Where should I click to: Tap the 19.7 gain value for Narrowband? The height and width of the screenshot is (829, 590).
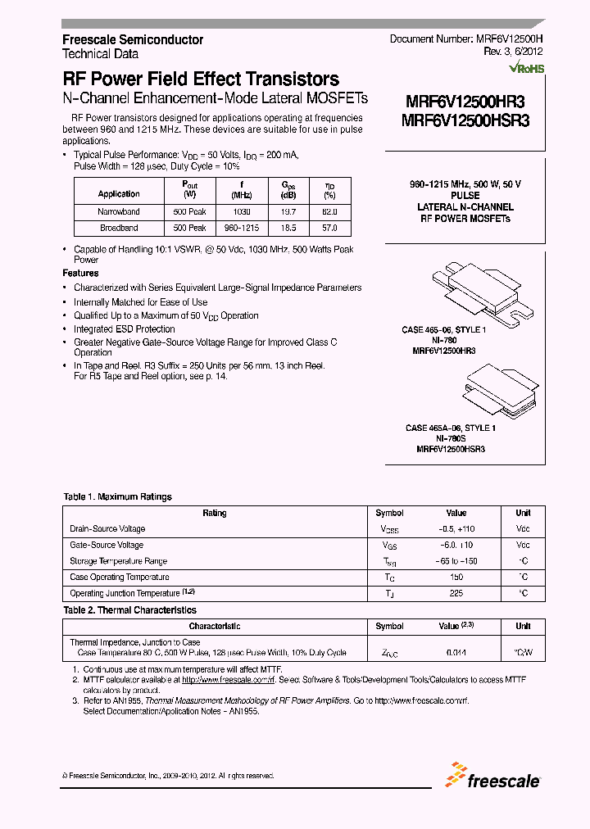coord(288,211)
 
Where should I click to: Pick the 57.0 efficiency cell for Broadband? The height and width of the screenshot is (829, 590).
coord(329,229)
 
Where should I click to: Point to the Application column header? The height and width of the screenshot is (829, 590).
coord(119,194)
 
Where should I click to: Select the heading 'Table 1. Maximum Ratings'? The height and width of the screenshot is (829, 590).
coord(118,496)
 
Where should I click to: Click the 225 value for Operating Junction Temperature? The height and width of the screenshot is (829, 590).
coord(456,592)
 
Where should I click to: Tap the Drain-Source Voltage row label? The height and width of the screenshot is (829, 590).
coord(107,529)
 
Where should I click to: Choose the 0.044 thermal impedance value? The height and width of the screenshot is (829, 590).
coord(456,653)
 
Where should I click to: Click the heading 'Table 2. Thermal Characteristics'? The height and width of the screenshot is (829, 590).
coord(129,610)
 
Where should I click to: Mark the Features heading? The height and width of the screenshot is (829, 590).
coord(80,273)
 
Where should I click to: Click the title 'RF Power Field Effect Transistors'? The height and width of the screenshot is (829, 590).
coord(201,79)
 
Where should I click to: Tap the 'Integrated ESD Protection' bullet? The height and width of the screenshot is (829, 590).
coord(124,329)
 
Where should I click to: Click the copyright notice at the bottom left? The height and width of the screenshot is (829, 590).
coord(168,776)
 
